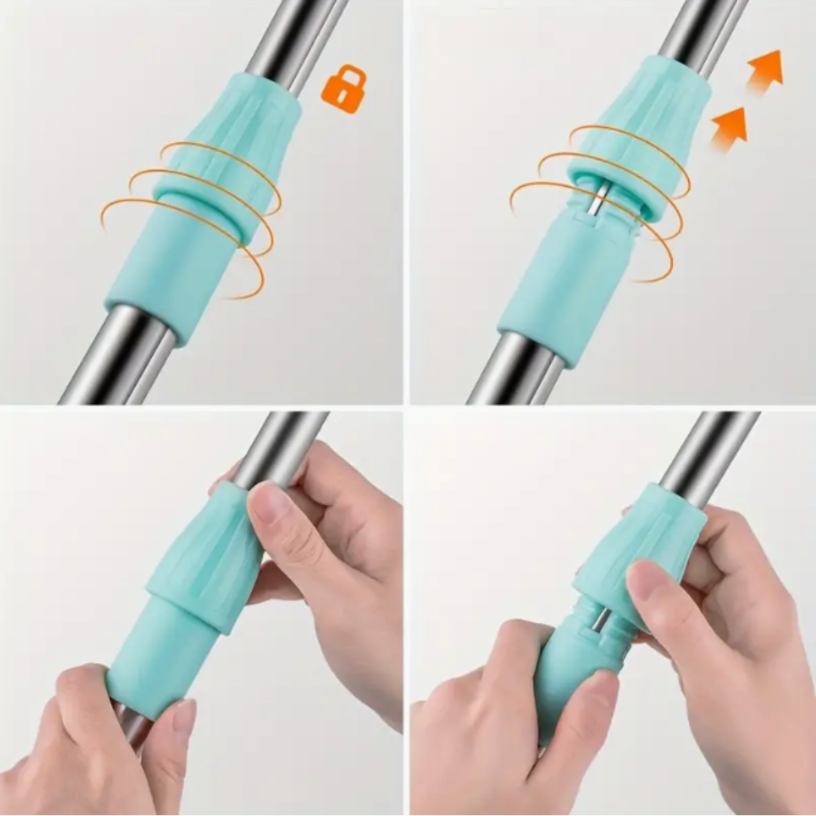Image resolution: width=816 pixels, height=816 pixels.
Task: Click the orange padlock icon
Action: click(x=343, y=86)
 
